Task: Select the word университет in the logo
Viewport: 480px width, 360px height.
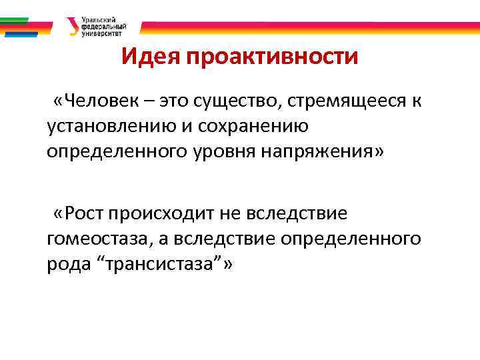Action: (x=103, y=33)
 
